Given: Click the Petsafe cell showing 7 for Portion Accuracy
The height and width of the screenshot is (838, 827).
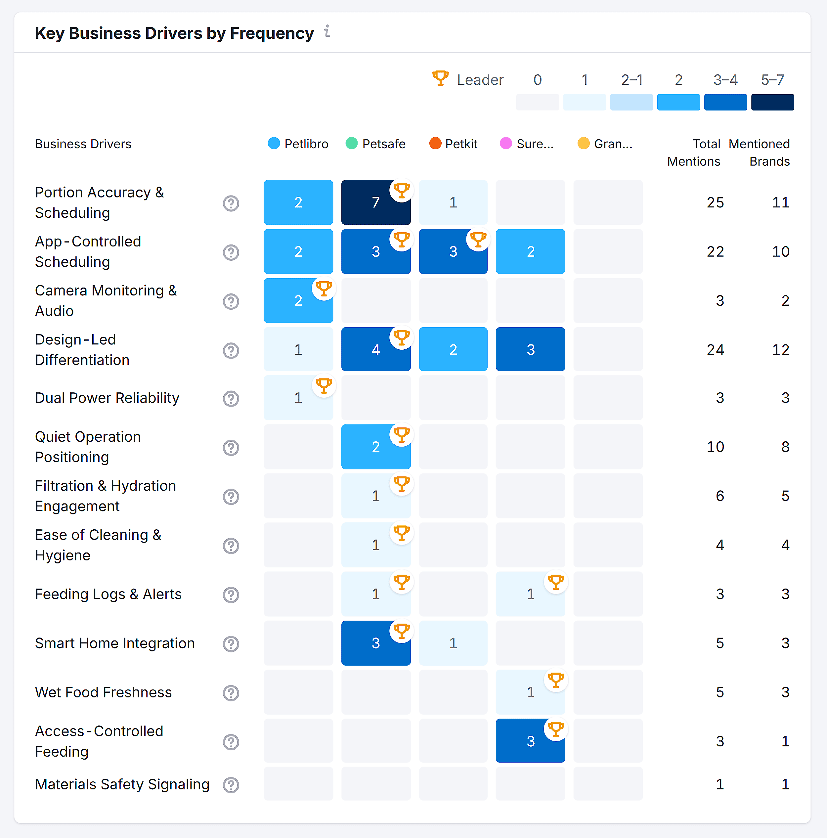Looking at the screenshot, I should tap(375, 202).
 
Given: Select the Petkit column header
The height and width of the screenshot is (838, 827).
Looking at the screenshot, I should tap(453, 144).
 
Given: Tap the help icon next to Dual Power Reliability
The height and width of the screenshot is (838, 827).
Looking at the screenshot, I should tap(231, 398).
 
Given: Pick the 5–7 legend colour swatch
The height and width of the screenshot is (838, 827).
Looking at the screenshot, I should tap(772, 102).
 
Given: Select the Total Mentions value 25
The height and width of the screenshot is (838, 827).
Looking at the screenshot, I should tap(715, 202).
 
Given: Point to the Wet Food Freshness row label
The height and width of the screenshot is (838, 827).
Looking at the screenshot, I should tap(103, 692).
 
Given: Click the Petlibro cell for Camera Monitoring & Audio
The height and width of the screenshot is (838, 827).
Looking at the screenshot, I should tap(298, 301).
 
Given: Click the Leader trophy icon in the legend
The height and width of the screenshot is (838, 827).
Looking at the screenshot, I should tap(440, 78).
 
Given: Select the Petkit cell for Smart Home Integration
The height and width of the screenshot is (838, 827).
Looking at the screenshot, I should tap(453, 643).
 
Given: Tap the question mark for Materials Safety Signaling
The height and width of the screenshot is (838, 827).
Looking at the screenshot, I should tap(231, 785).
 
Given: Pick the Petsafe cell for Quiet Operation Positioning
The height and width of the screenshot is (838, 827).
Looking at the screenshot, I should tap(375, 446).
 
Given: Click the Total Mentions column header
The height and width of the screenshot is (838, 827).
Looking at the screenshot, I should tap(694, 152).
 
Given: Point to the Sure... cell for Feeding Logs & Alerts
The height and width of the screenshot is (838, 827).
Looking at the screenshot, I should tap(530, 594).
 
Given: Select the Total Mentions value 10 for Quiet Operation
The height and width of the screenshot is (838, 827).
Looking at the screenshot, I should tap(715, 446).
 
